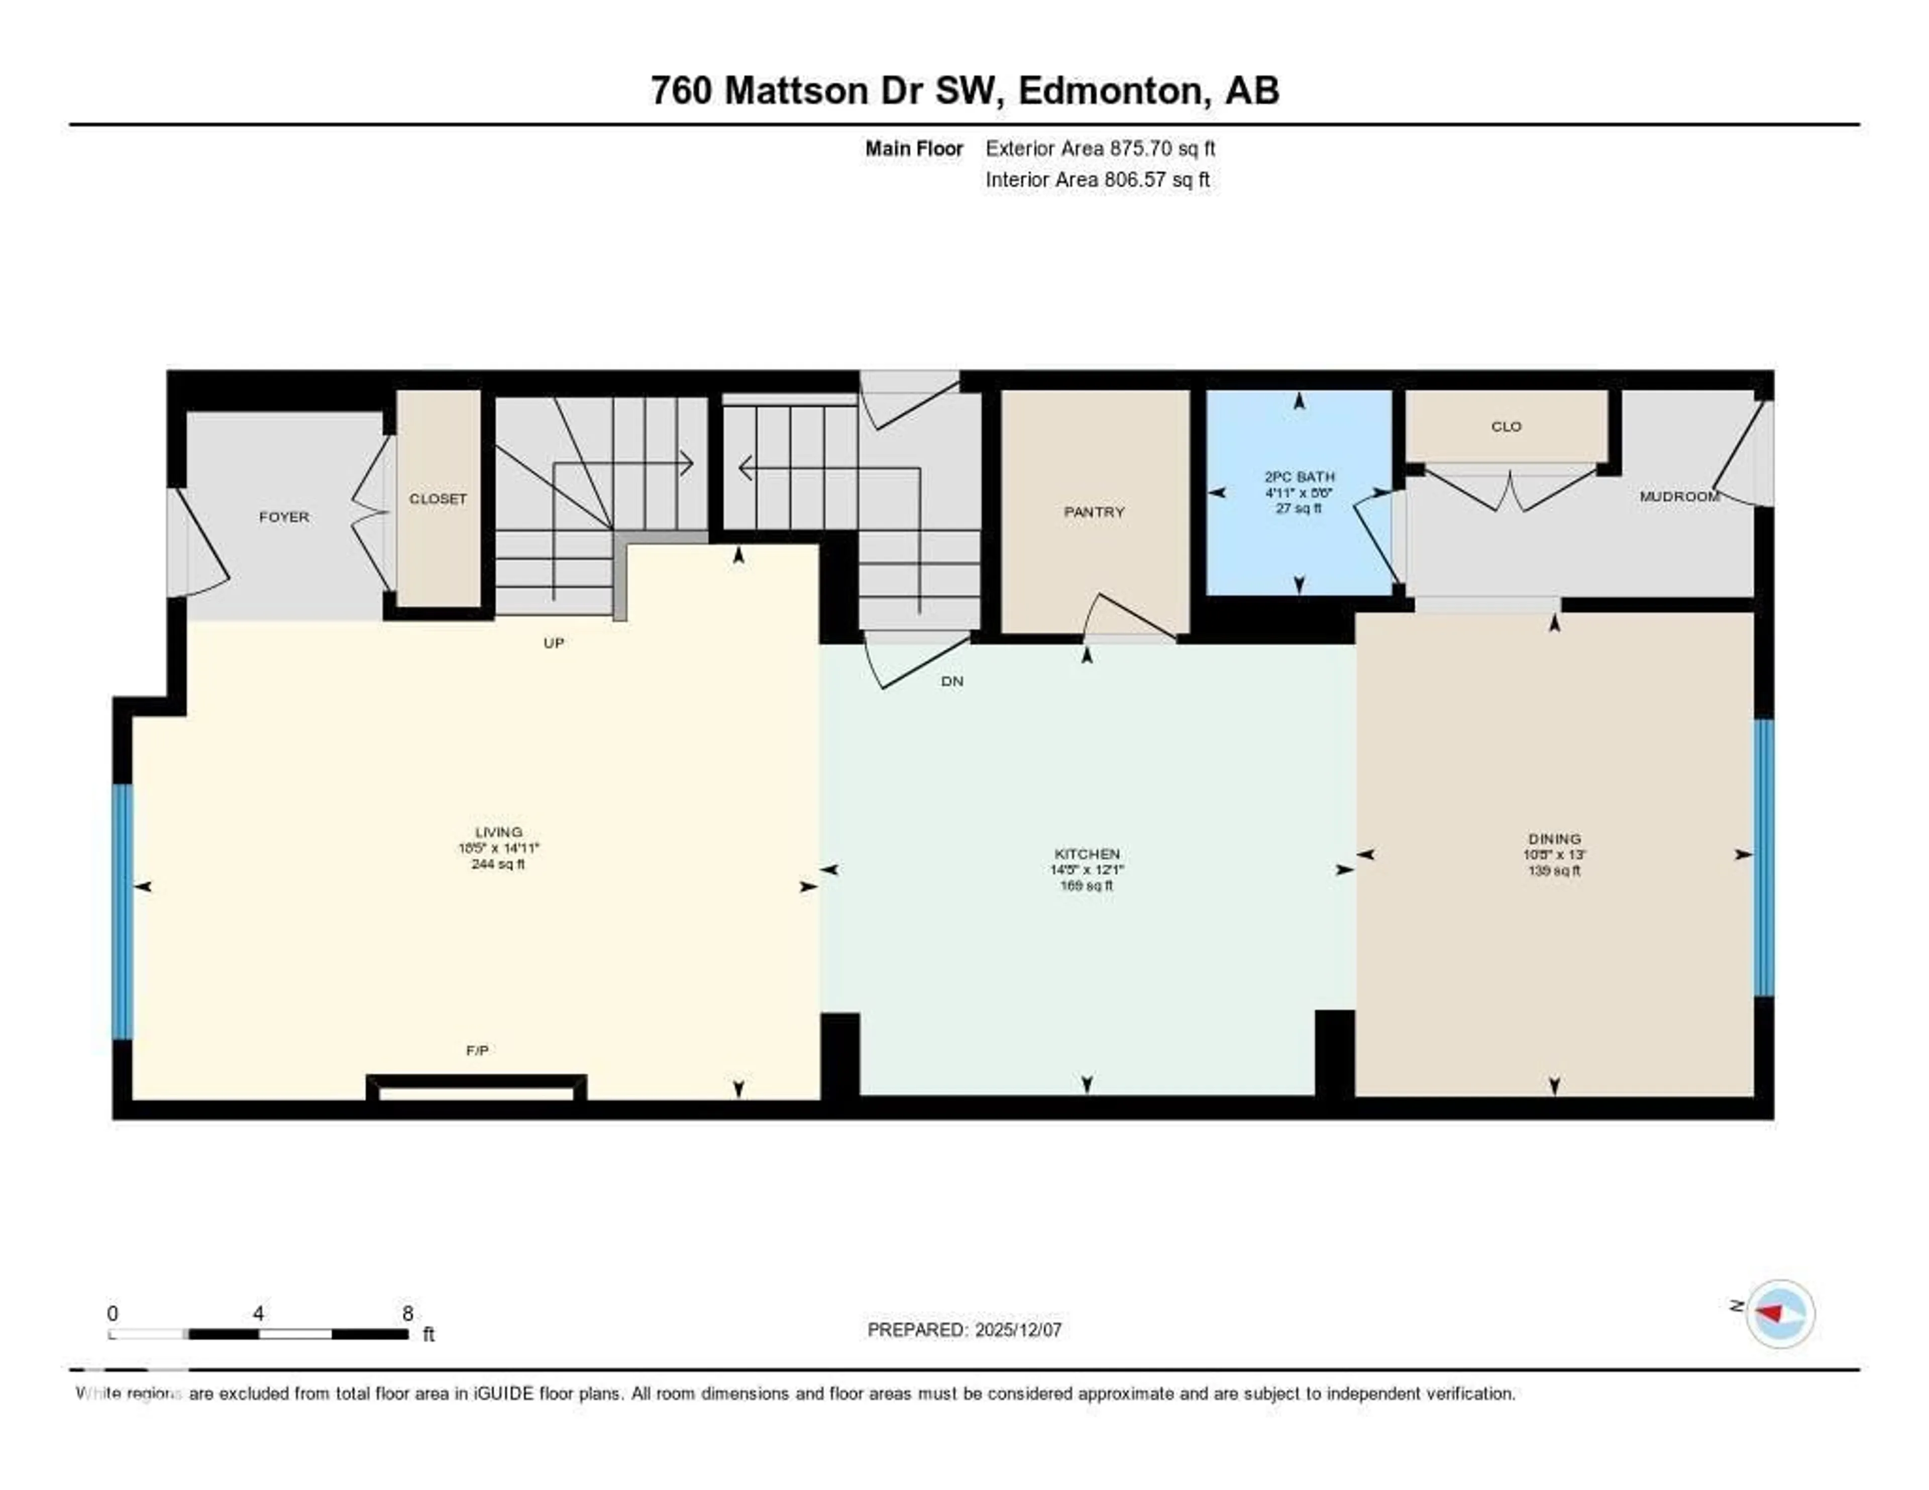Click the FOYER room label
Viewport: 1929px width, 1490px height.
coord(283,517)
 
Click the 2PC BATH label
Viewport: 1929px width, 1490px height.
coord(1299,477)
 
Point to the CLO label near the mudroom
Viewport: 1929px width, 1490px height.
coord(1506,427)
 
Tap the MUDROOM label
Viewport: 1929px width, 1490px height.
coord(1679,496)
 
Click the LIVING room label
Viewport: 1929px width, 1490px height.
coord(498,832)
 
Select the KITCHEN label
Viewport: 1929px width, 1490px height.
coord(1087,854)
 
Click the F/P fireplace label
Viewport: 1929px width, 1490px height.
coord(477,1050)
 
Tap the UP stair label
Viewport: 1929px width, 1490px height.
coord(553,643)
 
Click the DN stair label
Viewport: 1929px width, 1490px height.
coord(951,681)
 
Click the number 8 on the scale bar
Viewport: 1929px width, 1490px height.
coord(407,1313)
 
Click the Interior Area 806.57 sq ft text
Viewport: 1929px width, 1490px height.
coord(1097,179)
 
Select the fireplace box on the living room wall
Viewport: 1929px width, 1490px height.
coord(476,1089)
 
